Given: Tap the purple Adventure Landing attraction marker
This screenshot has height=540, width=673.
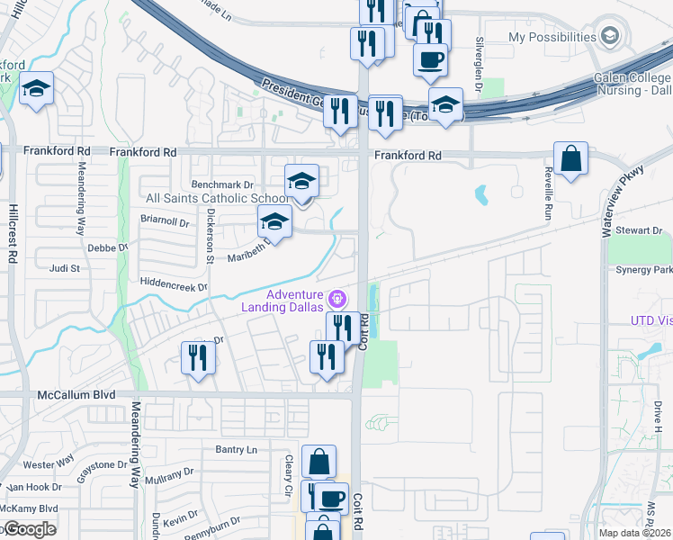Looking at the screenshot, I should click(x=337, y=296).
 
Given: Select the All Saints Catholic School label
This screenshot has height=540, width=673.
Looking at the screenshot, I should click(x=219, y=198).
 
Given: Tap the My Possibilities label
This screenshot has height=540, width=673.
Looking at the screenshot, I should click(x=552, y=37).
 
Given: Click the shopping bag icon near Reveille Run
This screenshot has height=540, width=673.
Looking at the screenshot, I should click(x=570, y=160).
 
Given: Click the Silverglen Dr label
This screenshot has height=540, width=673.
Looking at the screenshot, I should click(x=480, y=58).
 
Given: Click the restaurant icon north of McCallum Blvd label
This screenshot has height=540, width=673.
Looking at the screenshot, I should click(x=197, y=358).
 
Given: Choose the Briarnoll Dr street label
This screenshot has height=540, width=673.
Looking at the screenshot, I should click(x=166, y=220).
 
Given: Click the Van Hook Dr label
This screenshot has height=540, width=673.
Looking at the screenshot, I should click(x=32, y=487).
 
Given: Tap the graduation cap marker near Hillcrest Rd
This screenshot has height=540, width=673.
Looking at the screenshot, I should click(x=36, y=89).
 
